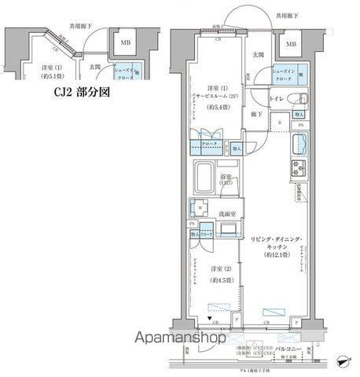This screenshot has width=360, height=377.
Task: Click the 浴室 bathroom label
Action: coord(226,177)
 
